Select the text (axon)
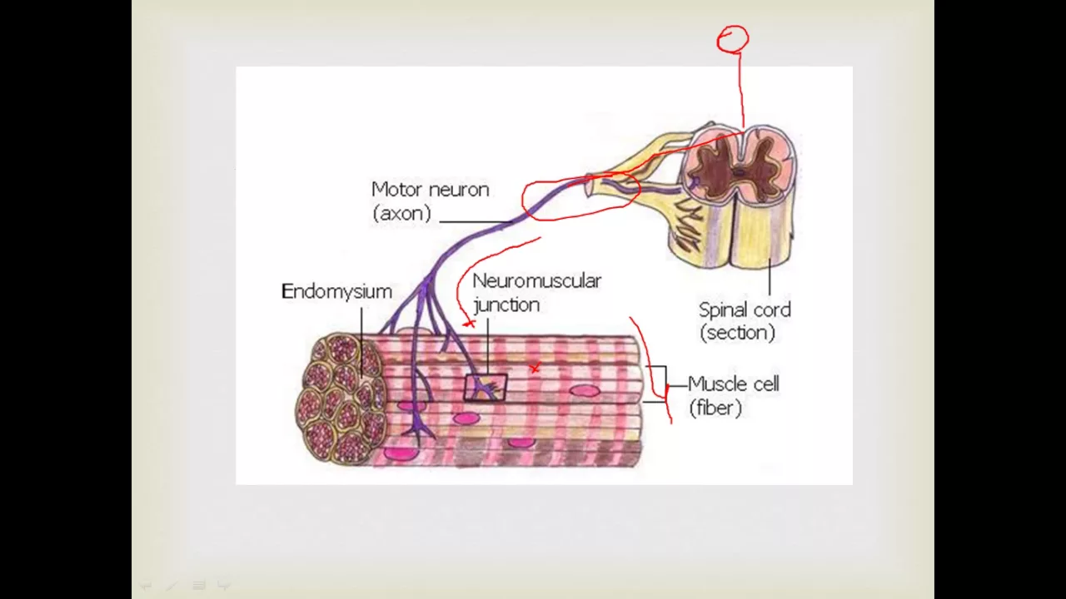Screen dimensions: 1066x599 click(401, 213)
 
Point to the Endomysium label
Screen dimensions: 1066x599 click(336, 291)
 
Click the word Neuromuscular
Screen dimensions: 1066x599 click(536, 281)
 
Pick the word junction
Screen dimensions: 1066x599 click(506, 304)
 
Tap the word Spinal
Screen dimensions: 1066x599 click(724, 310)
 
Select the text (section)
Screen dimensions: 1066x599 click(738, 333)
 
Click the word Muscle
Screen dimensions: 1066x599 click(721, 384)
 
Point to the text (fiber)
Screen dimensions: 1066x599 click(715, 408)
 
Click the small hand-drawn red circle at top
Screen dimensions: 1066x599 click(733, 38)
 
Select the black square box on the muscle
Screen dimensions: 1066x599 click(485, 388)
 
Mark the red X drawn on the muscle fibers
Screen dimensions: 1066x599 click(535, 368)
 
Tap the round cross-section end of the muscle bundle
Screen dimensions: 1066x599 click(342, 398)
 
